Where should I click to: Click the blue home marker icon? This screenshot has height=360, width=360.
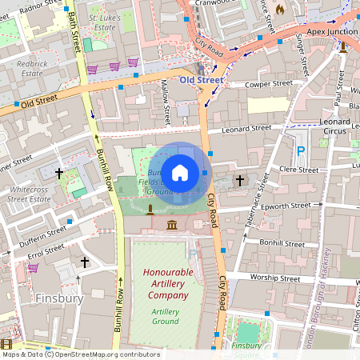(x=180, y=172)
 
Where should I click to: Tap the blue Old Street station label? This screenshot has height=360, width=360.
(x=201, y=81)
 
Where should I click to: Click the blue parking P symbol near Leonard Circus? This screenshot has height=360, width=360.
(x=301, y=150)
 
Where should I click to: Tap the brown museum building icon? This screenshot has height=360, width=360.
(x=172, y=226)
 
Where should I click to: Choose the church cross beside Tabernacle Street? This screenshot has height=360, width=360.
(x=240, y=181)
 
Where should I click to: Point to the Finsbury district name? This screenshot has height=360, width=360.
(x=60, y=298)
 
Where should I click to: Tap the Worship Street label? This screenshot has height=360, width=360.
(x=274, y=278)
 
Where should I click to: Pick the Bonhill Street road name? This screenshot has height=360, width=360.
(x=282, y=242)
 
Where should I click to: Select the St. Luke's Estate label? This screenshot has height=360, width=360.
(x=105, y=21)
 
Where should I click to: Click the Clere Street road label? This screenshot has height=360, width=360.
(x=298, y=170)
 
